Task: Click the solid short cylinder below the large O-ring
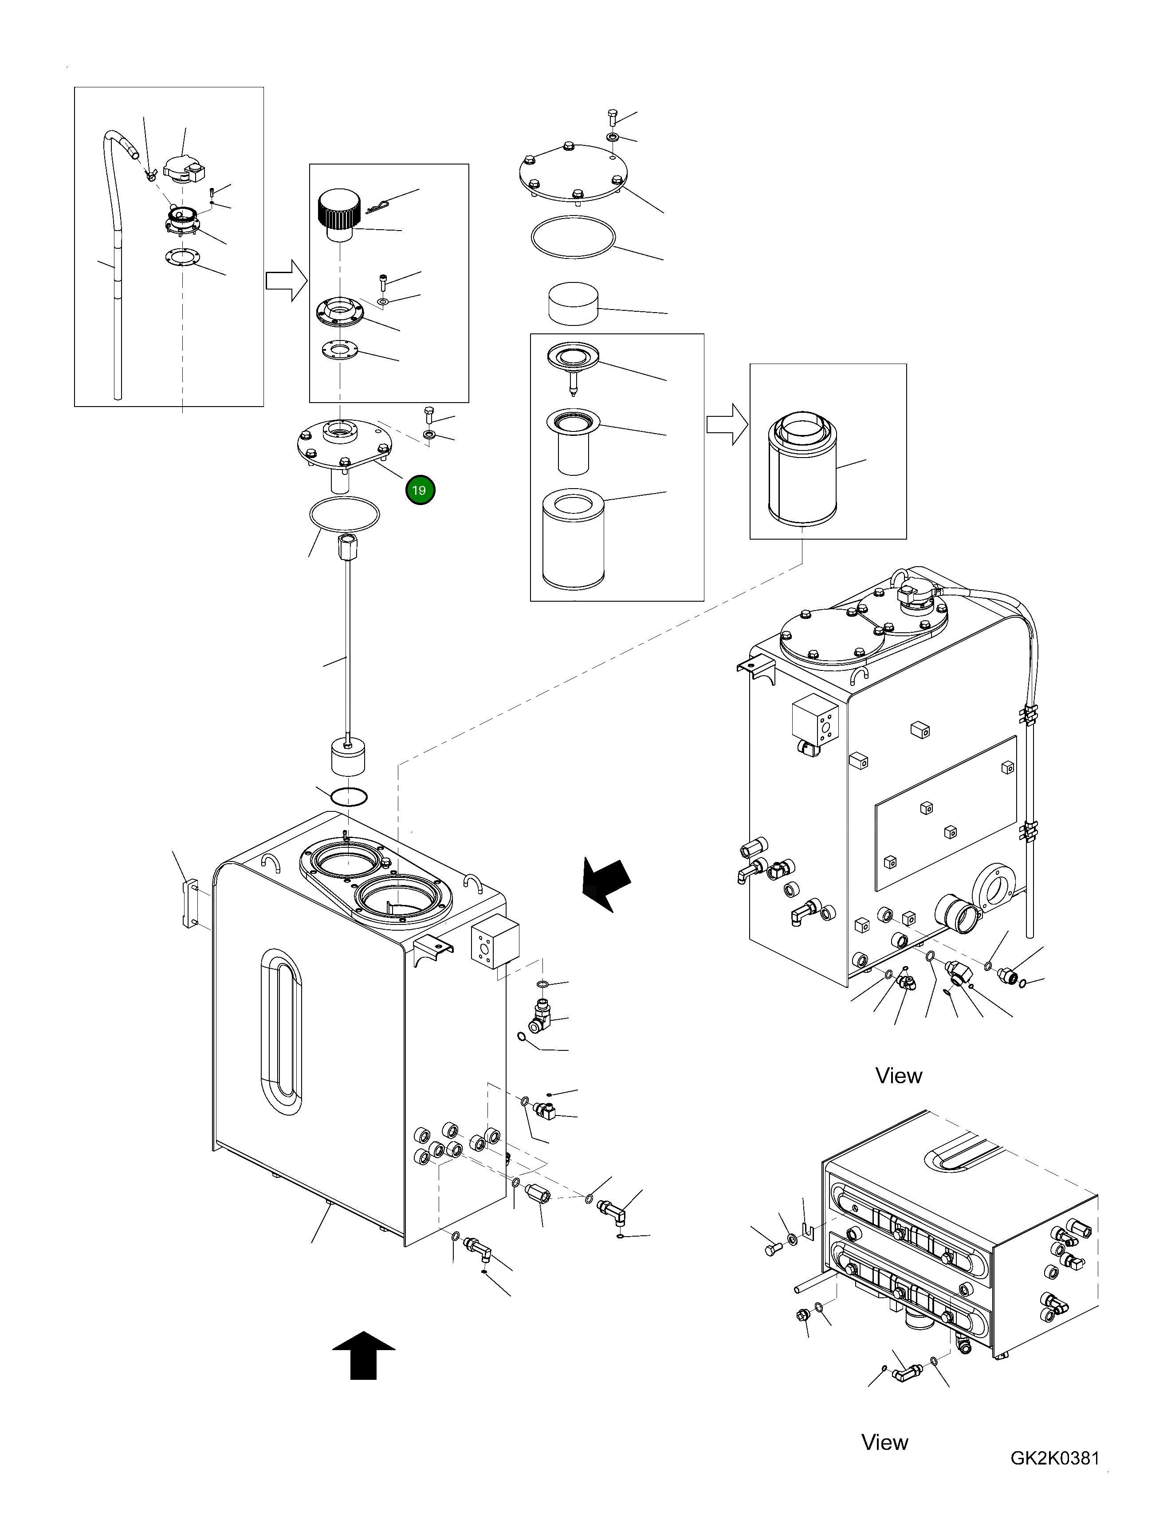[573, 303]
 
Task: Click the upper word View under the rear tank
[899, 1075]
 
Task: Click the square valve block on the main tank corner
[495, 943]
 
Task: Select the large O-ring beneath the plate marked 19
[344, 515]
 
